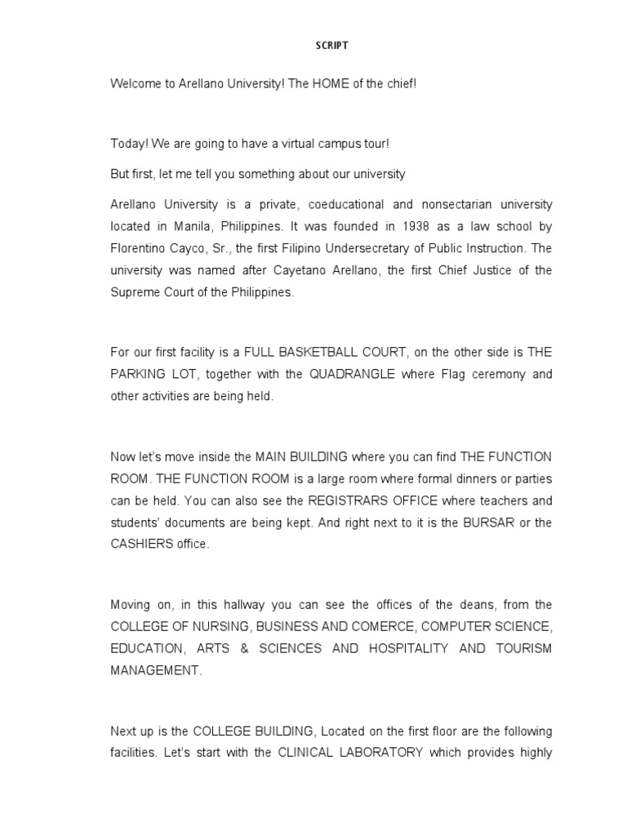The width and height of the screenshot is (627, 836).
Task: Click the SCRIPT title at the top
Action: coord(331,46)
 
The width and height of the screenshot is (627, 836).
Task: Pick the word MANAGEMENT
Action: coord(155,669)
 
